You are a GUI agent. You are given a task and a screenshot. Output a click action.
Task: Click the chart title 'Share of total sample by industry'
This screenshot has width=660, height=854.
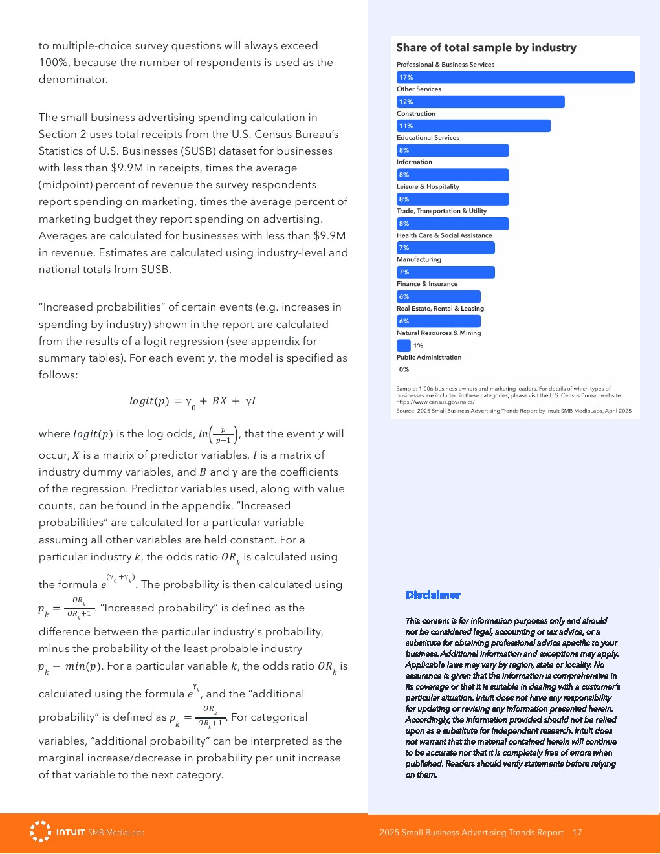(x=486, y=48)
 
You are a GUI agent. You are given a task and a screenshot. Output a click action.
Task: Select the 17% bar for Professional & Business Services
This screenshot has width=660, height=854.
(x=515, y=78)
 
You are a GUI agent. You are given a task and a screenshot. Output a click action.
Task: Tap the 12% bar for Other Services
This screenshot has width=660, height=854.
(x=480, y=102)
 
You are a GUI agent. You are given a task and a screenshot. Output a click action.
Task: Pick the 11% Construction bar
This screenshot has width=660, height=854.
(x=473, y=126)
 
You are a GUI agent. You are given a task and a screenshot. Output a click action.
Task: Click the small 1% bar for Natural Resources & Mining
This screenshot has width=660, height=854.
(x=403, y=345)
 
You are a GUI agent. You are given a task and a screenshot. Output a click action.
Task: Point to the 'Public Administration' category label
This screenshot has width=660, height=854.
(x=429, y=358)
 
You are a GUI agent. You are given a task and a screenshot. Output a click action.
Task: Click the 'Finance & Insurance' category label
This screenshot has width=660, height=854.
(x=427, y=284)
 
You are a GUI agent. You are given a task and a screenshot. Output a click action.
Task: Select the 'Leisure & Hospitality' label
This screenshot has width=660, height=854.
(x=428, y=187)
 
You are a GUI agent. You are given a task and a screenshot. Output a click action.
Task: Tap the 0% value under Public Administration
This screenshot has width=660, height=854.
(x=404, y=369)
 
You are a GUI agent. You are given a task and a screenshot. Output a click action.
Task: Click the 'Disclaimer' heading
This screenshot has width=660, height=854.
(x=433, y=595)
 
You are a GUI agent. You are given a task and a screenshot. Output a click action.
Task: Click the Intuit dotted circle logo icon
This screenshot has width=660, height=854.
(x=40, y=831)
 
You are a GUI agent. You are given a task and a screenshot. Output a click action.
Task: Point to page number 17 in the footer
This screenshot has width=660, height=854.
(x=577, y=833)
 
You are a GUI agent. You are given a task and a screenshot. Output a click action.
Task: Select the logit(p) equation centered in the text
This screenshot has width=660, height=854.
(x=192, y=402)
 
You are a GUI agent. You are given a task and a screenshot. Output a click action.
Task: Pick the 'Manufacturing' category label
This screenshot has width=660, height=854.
(x=419, y=260)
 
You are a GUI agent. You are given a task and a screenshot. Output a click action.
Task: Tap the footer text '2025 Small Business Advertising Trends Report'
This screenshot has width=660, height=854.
(x=471, y=833)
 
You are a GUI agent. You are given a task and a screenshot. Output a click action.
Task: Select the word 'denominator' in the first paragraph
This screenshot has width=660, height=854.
(x=72, y=80)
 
